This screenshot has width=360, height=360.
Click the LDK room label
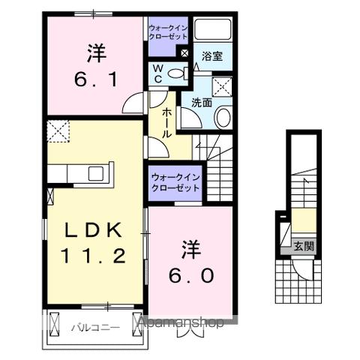coord(91,230)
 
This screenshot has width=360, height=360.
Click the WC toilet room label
coord(158,73)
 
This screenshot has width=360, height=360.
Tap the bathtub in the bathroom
coord(213,29)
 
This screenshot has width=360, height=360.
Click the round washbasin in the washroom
coord(223,118)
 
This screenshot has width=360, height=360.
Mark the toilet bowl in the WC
coord(175,73)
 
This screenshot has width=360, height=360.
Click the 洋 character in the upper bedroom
coord(95,52)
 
